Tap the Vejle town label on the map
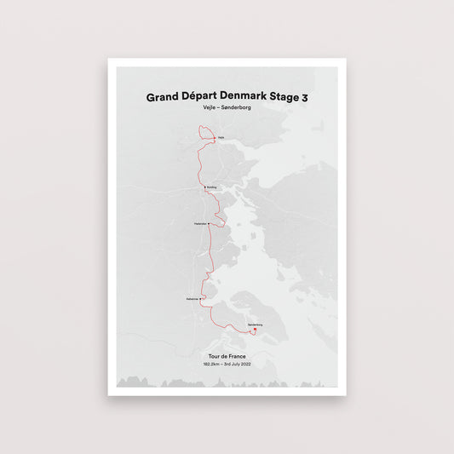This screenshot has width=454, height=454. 221,137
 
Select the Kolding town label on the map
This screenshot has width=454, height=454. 212,187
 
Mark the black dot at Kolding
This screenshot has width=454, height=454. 205,187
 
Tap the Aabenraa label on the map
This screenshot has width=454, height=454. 193,299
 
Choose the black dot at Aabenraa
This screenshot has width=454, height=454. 201,299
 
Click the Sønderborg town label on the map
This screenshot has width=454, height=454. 255,325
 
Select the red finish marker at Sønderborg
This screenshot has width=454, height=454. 255,330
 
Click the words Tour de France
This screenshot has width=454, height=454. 227,355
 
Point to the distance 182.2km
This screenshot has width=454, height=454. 212,364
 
